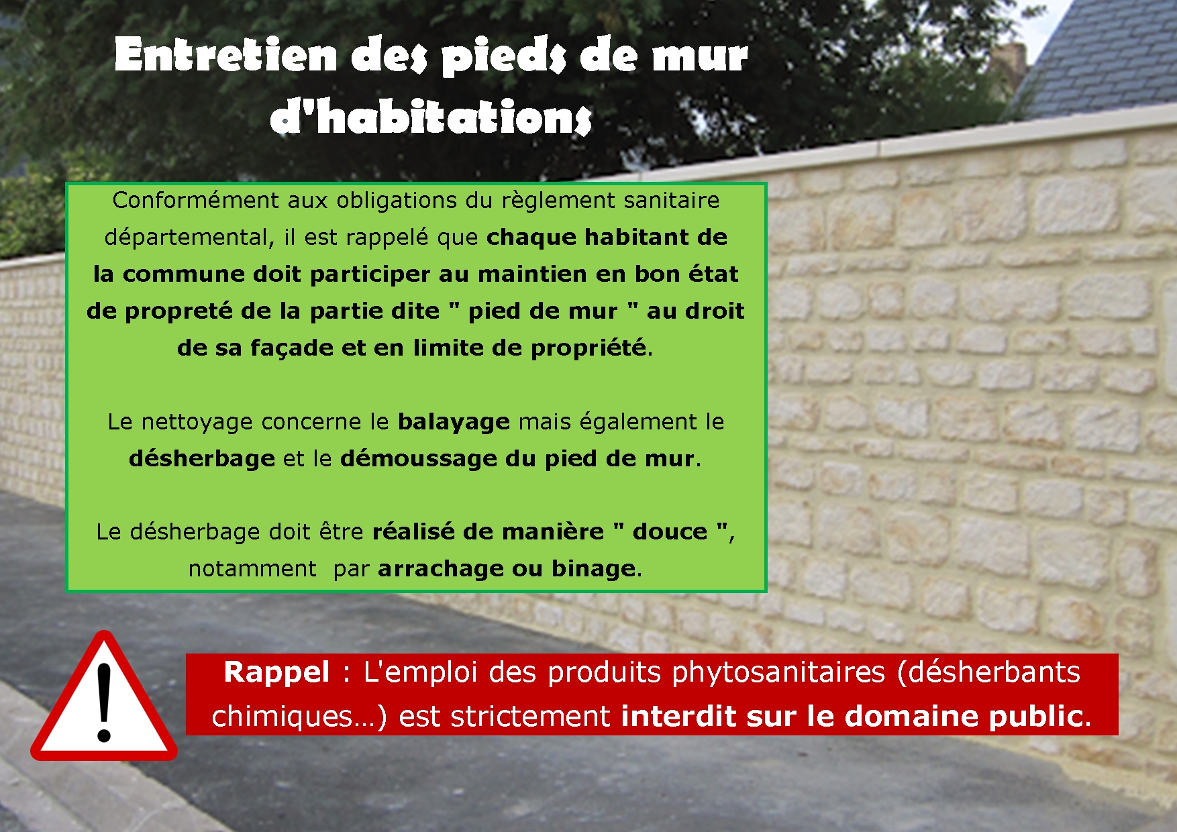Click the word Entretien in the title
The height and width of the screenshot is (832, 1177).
pos(225,54)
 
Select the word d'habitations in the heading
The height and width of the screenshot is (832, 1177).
pos(431,117)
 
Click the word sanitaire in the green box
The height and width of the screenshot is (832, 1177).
pos(671,200)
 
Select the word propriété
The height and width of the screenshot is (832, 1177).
pos(588,348)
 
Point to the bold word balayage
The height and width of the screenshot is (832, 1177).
pos(454,422)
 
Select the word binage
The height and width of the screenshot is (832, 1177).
pos(593,569)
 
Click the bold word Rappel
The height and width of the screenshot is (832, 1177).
pos(276,672)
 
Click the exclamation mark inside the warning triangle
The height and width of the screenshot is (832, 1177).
pos(104,703)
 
